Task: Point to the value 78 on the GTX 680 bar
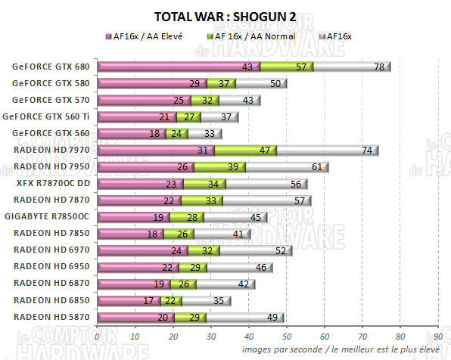[378, 67]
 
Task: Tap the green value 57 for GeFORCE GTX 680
[303, 67]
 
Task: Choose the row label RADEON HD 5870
[51, 316]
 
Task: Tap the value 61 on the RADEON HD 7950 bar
[316, 167]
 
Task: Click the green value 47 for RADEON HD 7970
[265, 151]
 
